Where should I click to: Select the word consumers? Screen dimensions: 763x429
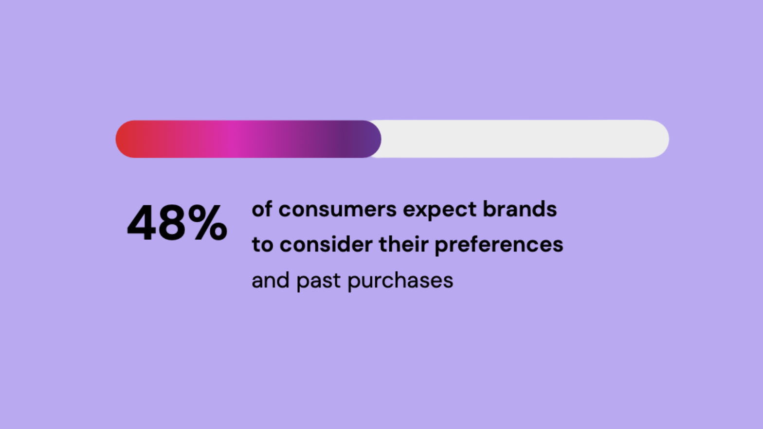[338, 209]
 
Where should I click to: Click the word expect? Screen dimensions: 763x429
[440, 210]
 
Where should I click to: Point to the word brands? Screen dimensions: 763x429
[520, 208]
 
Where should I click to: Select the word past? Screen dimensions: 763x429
[318, 281]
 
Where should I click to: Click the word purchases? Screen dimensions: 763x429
[400, 281]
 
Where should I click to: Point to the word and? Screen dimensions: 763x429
[271, 280]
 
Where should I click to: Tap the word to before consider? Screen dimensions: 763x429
[263, 245]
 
